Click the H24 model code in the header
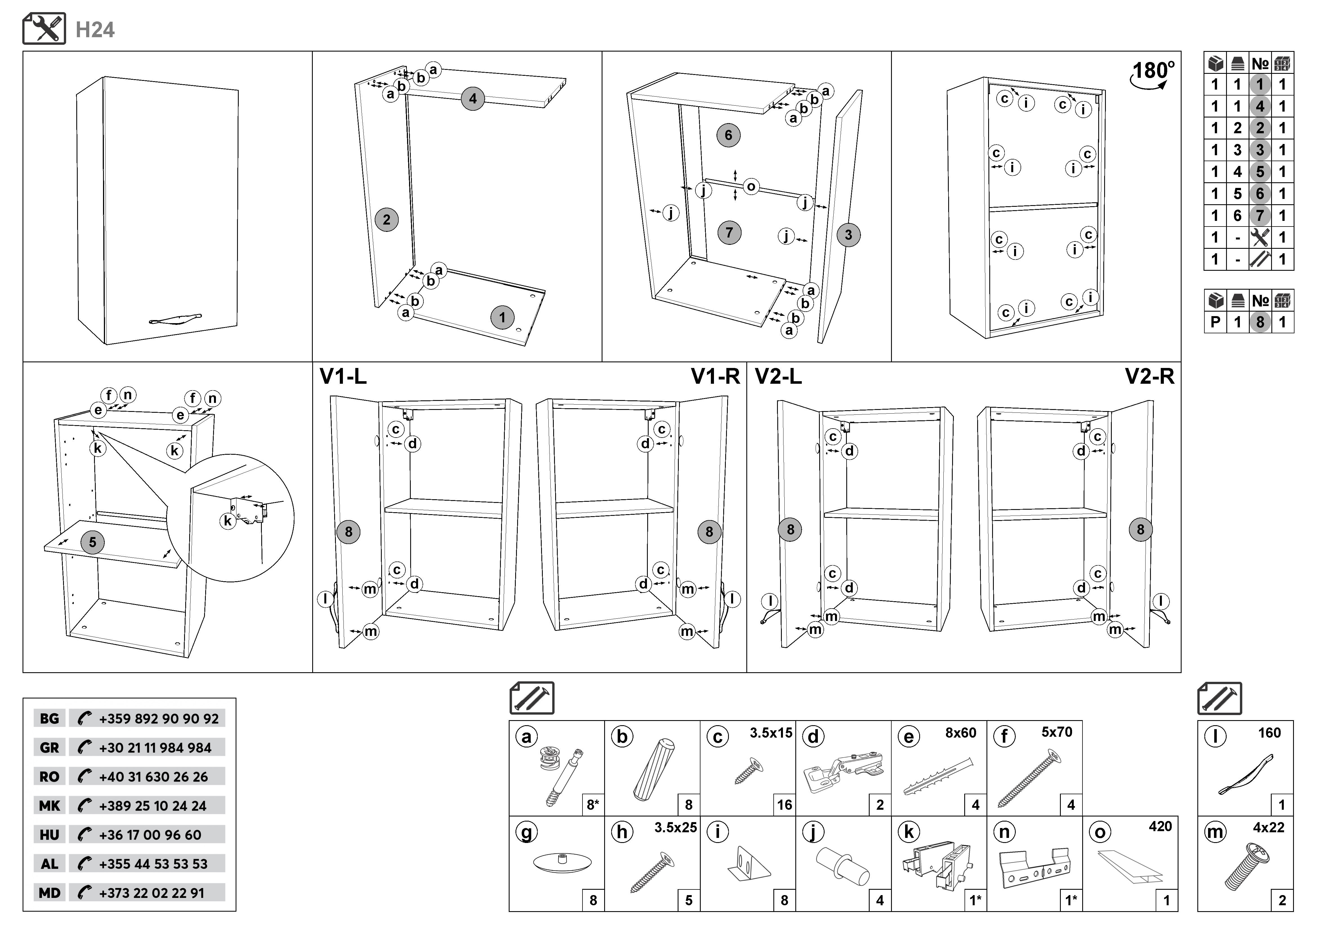click(x=95, y=30)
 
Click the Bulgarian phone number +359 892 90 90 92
click(x=158, y=718)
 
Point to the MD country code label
click(x=49, y=893)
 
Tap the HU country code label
click(x=49, y=835)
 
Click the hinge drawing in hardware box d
click(x=843, y=772)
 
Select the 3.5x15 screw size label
click(x=770, y=733)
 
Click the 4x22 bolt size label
click(x=1268, y=827)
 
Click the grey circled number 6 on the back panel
click(x=728, y=136)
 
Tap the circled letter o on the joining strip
click(x=751, y=187)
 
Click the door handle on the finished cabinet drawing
click(x=175, y=319)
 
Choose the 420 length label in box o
click(x=1160, y=826)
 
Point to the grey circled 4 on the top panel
click(x=472, y=99)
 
